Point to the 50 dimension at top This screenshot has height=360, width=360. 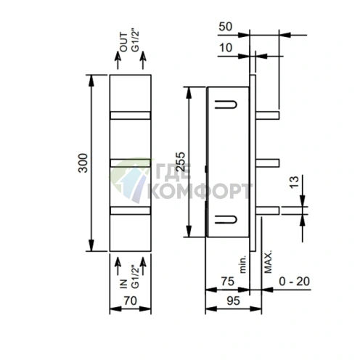coord(225,27)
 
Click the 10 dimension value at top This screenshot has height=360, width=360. coord(225,48)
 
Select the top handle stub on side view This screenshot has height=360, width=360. coord(266,113)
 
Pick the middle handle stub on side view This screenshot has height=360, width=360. coord(266,162)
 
